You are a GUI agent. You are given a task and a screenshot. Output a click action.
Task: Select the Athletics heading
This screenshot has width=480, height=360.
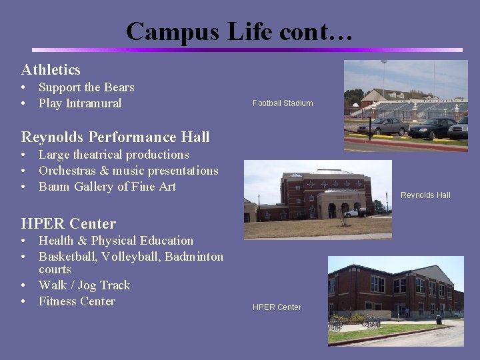(x=51, y=69)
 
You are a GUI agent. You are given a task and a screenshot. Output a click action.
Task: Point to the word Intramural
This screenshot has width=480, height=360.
(x=93, y=103)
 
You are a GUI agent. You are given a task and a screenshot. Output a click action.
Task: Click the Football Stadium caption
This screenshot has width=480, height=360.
(x=283, y=103)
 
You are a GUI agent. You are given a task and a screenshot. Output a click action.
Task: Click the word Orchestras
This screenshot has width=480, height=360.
(x=72, y=171)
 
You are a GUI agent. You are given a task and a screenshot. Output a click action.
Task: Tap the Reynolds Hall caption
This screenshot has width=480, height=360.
(x=425, y=195)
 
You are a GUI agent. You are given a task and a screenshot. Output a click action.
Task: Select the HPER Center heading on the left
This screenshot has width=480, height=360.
(x=69, y=223)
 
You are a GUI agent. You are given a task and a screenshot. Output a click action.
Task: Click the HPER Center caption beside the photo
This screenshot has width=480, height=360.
(x=277, y=307)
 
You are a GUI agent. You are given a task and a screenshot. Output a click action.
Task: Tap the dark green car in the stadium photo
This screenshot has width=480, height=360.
(x=431, y=127)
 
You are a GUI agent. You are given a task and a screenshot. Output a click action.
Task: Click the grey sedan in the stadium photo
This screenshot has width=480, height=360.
(x=382, y=125)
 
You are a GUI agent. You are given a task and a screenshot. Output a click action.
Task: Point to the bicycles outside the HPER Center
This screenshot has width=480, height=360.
(x=370, y=321)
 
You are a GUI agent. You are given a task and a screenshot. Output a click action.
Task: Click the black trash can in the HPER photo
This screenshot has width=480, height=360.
(x=438, y=319)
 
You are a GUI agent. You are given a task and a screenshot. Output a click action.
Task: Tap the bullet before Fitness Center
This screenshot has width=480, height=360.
(x=23, y=301)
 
